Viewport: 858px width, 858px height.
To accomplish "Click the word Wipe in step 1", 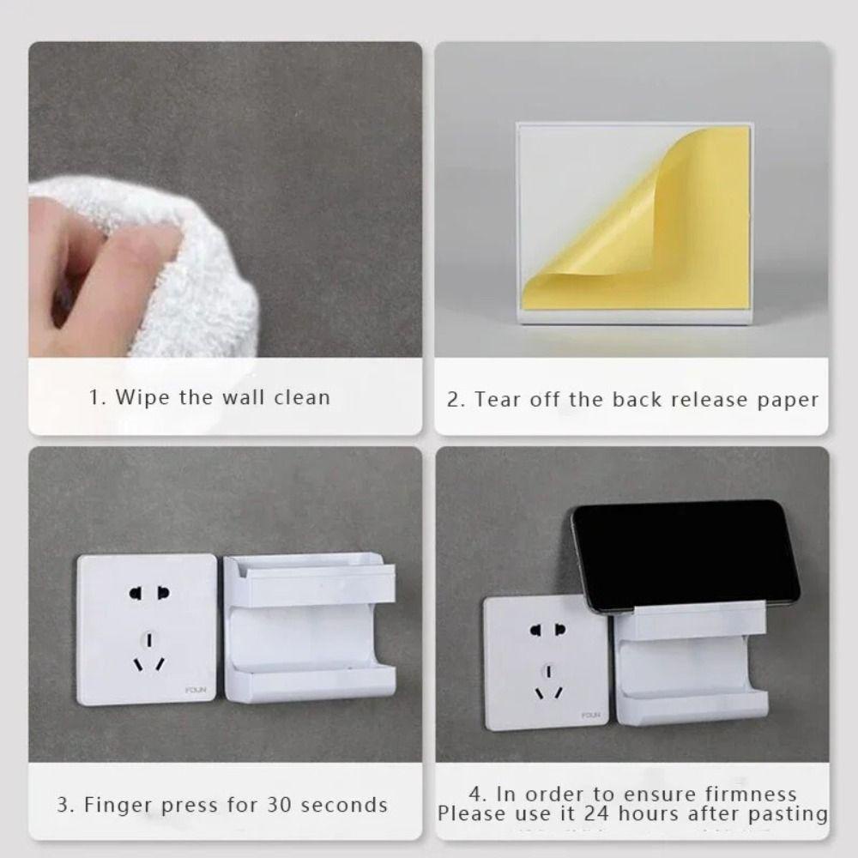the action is pos(142,397).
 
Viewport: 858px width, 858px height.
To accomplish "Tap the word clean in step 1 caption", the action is pos(302,397).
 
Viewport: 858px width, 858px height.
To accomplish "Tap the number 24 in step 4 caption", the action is pos(595,813).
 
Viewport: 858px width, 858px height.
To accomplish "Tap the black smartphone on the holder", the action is pos(686,555).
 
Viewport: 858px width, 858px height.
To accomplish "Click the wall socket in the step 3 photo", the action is pos(147,629).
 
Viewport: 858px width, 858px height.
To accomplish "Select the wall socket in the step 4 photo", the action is pos(546,663).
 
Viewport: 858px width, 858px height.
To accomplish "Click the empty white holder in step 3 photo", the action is pos(309,627).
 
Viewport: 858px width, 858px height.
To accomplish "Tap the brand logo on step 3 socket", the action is pos(196,690).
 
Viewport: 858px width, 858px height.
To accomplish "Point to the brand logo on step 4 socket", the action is pos(590,716).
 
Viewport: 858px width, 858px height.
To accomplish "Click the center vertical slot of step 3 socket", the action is pos(148,640).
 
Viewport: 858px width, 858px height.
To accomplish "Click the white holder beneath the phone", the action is pos(691,662).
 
